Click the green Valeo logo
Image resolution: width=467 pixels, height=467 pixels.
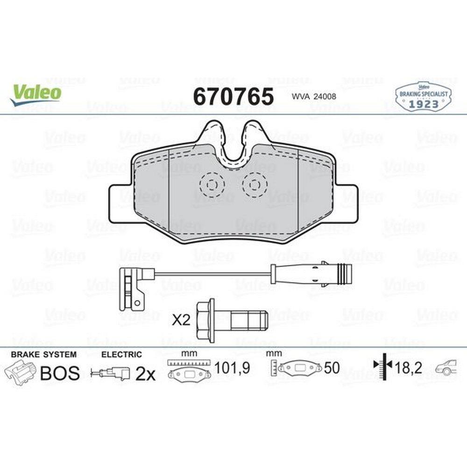pyautogui.click(x=36, y=94)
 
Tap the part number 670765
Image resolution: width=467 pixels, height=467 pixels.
pyautogui.click(x=233, y=97)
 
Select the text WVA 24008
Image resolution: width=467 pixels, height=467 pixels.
pyautogui.click(x=314, y=97)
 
